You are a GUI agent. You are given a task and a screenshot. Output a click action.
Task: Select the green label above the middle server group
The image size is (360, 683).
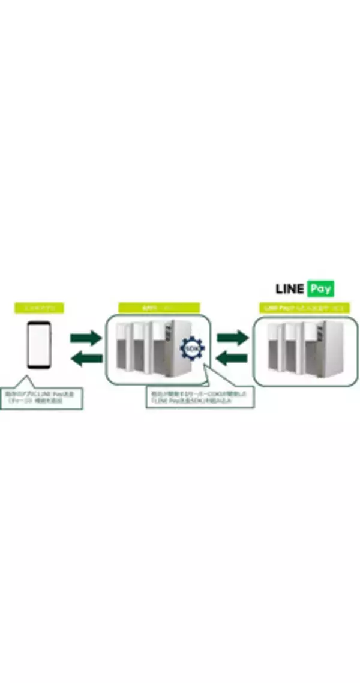[159, 308]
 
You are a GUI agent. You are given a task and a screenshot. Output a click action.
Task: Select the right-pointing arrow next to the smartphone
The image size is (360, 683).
[86, 338]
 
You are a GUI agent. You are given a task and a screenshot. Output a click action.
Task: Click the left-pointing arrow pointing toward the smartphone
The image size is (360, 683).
[86, 359]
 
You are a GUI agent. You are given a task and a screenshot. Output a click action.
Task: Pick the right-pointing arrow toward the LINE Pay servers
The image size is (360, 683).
[232, 338]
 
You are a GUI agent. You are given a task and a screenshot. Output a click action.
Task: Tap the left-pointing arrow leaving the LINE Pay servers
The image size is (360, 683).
[232, 359]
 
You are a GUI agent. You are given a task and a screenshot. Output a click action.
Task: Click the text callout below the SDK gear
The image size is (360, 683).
[200, 398]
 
